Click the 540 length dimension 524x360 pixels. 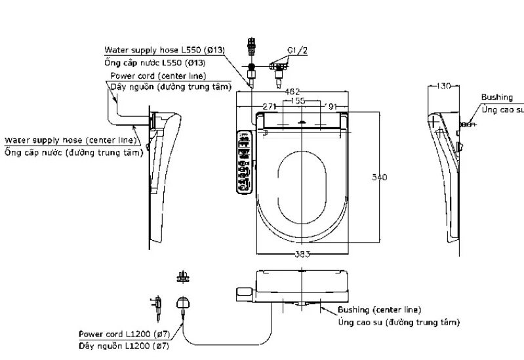click(380, 177)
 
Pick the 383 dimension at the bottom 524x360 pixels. click(301, 254)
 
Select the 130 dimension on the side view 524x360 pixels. click(445, 87)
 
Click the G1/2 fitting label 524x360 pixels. click(296, 50)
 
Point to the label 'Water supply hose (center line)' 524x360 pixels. click(71, 140)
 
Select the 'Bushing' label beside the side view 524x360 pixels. click(496, 98)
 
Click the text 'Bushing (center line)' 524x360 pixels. click(379, 310)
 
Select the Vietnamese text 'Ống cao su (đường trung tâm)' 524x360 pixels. click(399, 322)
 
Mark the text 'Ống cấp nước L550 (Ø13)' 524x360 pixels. click(155, 62)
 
